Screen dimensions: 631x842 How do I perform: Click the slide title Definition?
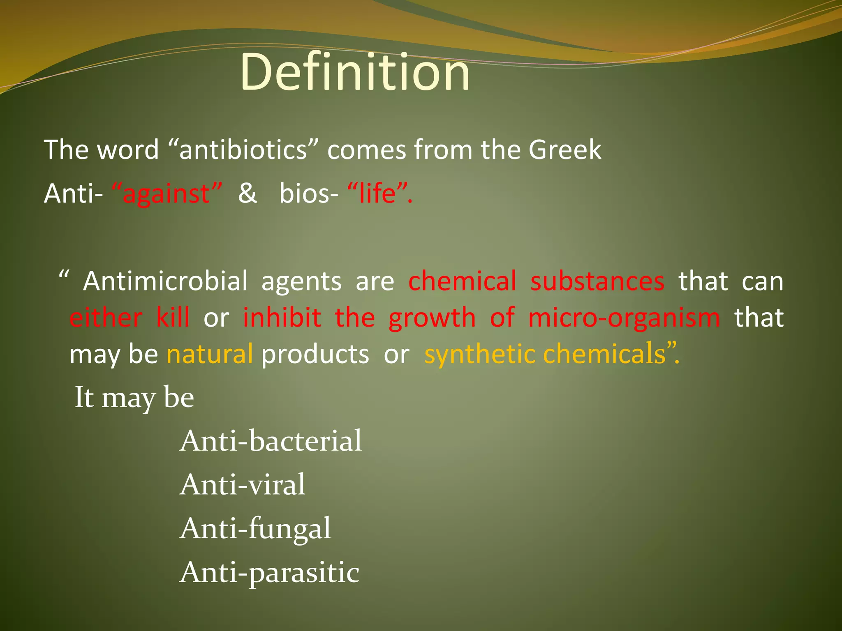(x=355, y=73)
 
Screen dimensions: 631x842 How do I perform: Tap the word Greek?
(x=564, y=150)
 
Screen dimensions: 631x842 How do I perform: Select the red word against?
(x=167, y=193)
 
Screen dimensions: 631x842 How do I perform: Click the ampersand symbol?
(x=247, y=193)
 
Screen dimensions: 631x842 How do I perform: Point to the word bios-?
(x=309, y=193)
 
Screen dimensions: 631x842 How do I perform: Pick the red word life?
(x=377, y=193)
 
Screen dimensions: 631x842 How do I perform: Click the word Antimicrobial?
(x=165, y=281)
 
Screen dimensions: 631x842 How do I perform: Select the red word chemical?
(x=462, y=281)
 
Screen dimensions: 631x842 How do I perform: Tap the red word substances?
(x=597, y=281)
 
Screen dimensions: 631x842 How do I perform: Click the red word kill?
(x=173, y=318)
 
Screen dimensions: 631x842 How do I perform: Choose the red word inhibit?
(x=282, y=318)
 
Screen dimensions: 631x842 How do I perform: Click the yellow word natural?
(x=210, y=354)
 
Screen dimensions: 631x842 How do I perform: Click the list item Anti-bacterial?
(x=271, y=441)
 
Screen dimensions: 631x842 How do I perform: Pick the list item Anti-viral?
(x=243, y=484)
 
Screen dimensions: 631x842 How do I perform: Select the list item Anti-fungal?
(x=255, y=529)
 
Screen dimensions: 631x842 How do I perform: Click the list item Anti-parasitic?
(x=270, y=573)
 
